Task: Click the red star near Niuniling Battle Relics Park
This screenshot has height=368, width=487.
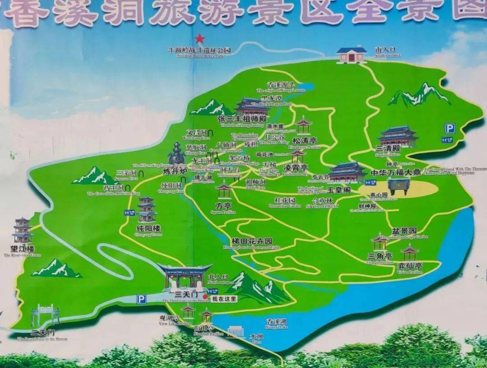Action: tap(199, 39)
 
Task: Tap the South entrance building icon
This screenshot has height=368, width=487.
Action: tap(352, 55)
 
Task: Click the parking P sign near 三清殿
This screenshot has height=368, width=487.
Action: tap(450, 128)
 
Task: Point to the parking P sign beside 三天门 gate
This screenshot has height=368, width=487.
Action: tap(142, 299)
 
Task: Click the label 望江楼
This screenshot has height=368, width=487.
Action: tap(23, 249)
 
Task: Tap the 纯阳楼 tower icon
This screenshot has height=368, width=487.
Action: tap(147, 209)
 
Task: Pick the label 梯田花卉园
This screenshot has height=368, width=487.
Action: tap(252, 241)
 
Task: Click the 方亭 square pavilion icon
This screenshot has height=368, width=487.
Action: tap(223, 191)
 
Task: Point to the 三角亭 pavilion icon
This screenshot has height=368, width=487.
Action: tap(380, 242)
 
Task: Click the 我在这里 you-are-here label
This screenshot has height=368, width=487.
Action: tap(224, 298)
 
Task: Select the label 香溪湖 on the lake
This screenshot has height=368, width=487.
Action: tap(276, 321)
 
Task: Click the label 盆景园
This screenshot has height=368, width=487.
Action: tap(404, 231)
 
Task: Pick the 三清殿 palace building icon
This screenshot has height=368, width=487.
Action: tap(397, 136)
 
